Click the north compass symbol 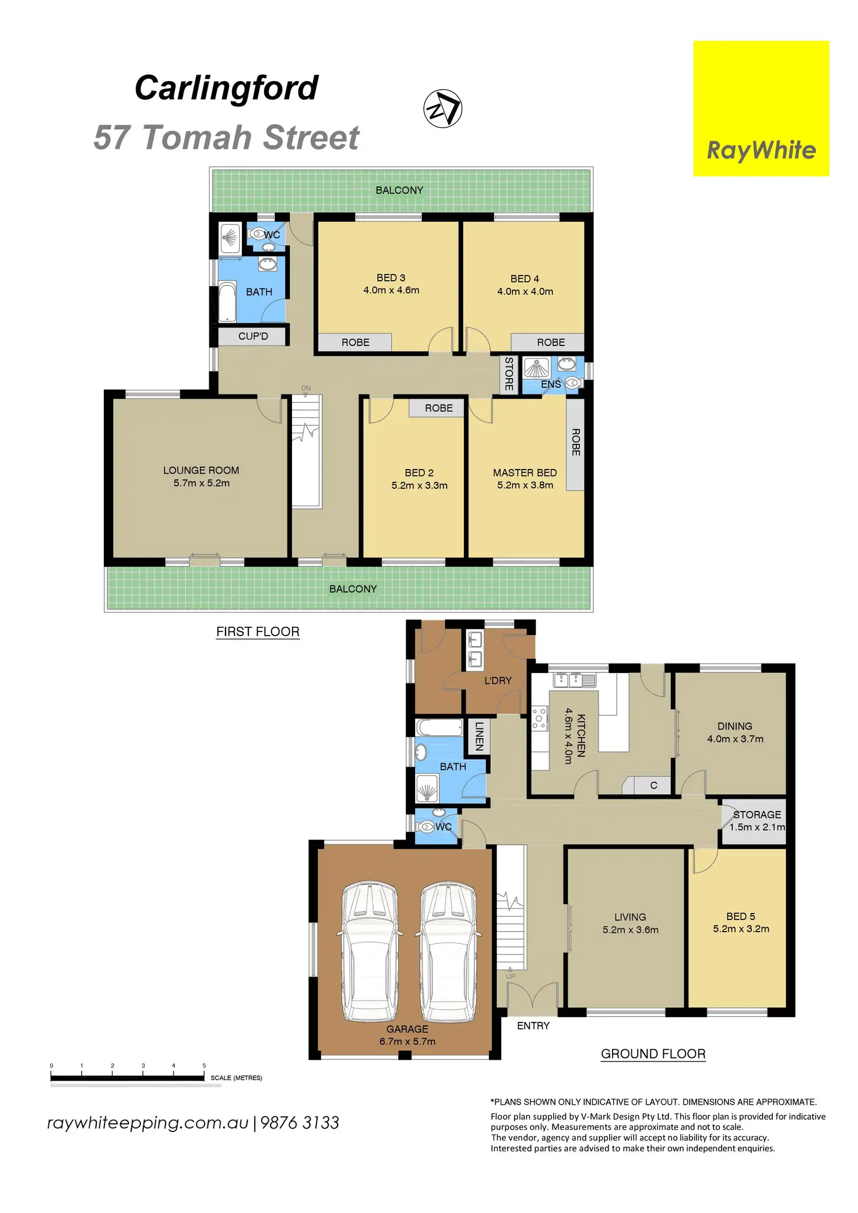442,108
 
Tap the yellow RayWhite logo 761,108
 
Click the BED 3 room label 391,284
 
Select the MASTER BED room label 525,479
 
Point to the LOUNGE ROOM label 201,477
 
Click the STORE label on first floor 509,374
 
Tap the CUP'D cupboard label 253,336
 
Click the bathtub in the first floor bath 227,302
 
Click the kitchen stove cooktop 540,718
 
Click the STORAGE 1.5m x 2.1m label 757,821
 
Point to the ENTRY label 533,1025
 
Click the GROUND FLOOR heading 653,1054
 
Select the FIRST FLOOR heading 258,632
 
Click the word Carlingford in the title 226,88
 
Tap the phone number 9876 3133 300,1123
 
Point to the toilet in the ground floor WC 427,826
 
